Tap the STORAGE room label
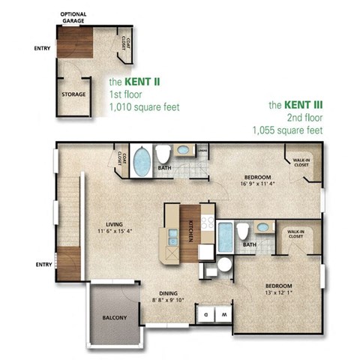pos(73,94)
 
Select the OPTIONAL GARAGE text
pos(72,16)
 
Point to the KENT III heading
pos(295,106)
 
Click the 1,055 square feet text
pos(288,130)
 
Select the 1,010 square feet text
pos(144,106)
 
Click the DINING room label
pos(167,294)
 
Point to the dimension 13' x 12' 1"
pos(277,293)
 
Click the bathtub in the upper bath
pos(141,161)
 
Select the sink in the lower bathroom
pos(262,226)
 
